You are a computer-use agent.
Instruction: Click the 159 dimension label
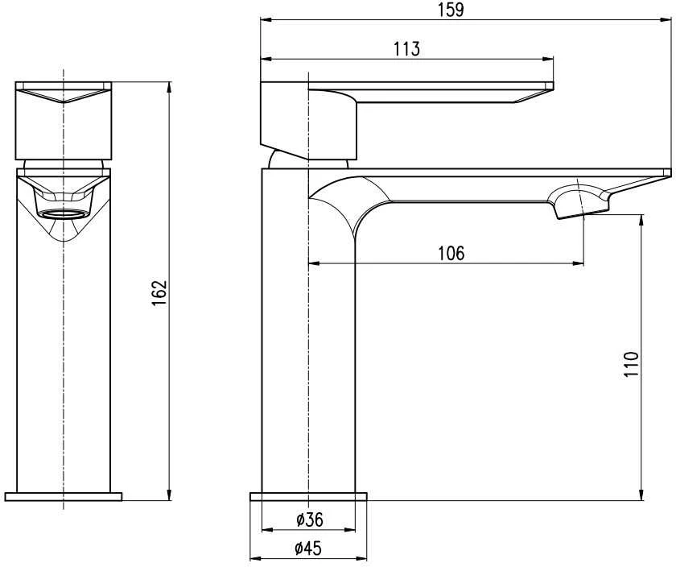pos(451,10)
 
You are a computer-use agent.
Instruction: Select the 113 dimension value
pos(406,49)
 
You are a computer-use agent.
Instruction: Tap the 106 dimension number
pos(451,253)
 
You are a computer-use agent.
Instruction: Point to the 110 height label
pos(631,365)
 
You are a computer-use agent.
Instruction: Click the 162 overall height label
pos(159,293)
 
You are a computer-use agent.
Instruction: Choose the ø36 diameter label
pos(310,519)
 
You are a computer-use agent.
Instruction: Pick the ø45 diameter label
pos(308,548)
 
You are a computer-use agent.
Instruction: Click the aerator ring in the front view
pos(64,213)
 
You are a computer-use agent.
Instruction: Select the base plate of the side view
pos(309,496)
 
